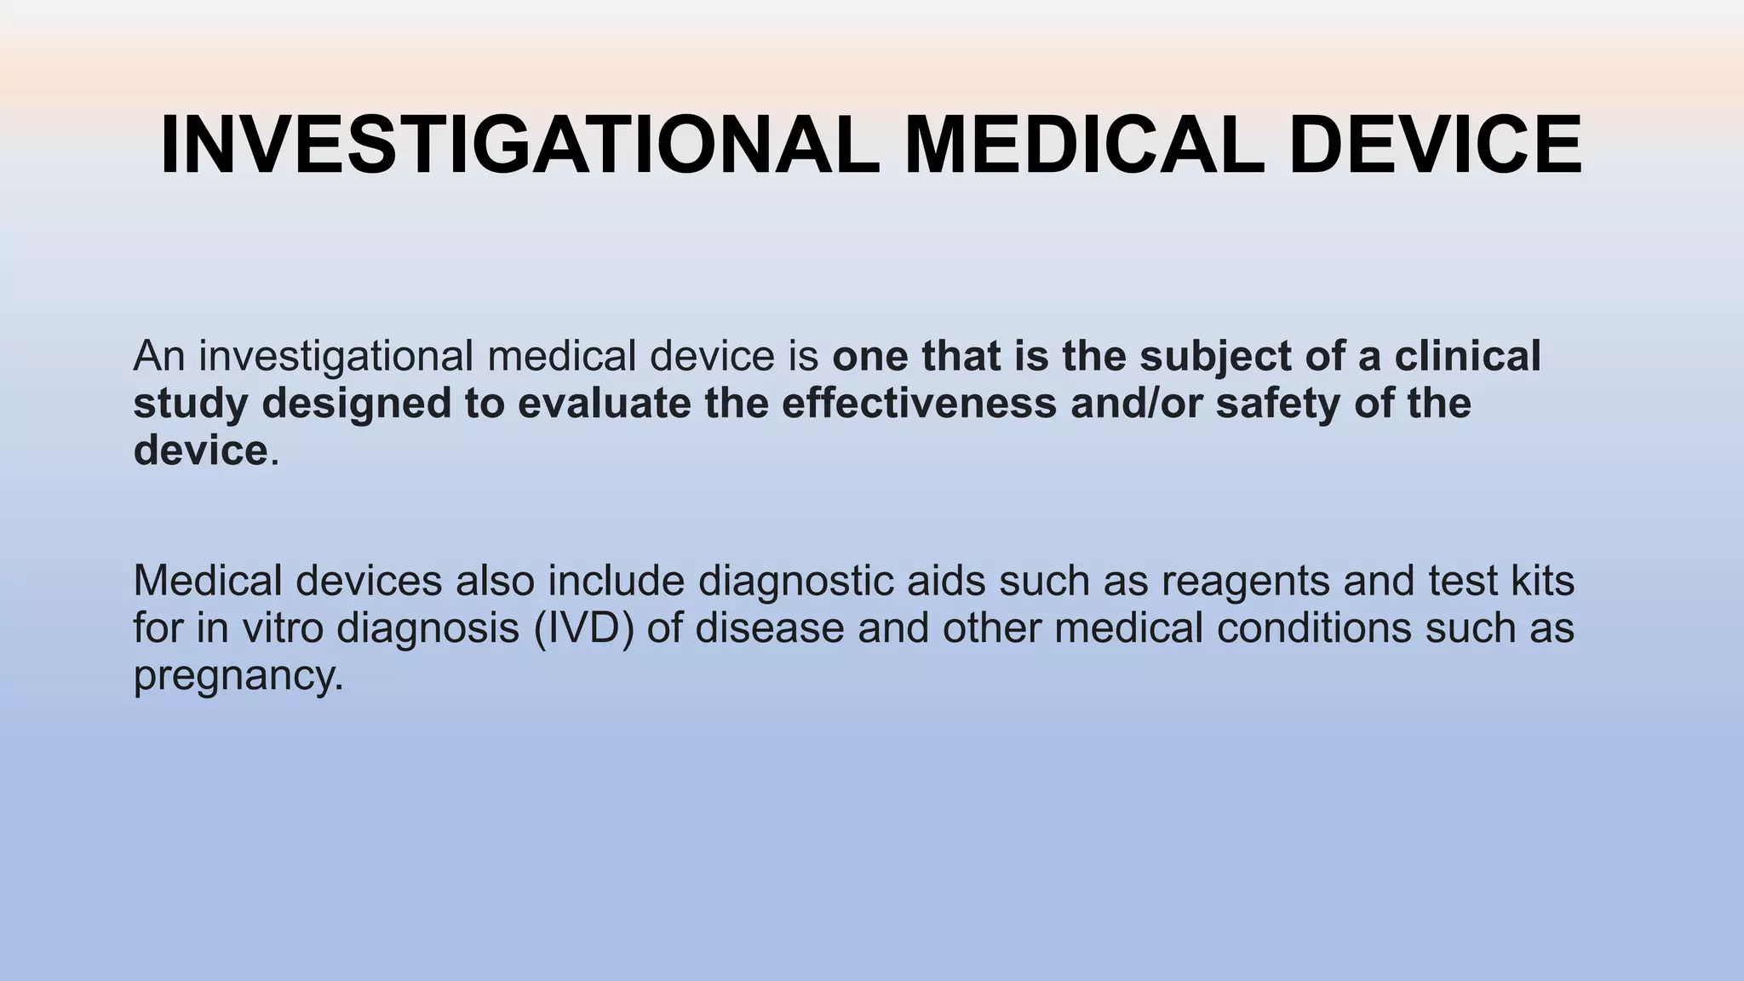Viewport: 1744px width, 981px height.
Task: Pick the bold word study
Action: tap(190, 403)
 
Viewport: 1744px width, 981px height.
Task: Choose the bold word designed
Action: tap(357, 403)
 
